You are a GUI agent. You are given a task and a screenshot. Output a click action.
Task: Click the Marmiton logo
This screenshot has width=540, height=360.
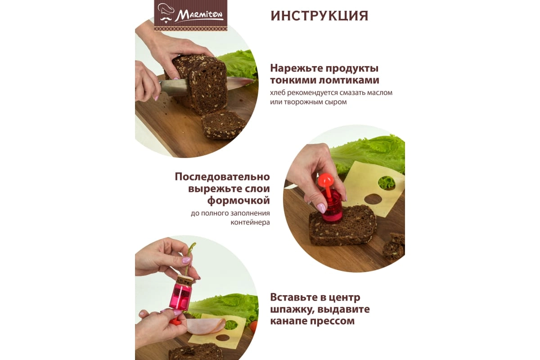pos(191,15)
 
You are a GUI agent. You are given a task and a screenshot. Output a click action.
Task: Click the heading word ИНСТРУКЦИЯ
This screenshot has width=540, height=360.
pos(319,16)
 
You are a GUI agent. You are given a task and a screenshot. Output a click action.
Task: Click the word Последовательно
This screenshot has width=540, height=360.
pos(222,176)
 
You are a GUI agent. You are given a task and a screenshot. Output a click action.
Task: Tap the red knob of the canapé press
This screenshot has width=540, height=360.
pos(325,180)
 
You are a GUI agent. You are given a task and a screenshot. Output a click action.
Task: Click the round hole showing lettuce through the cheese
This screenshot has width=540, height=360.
pos(386,183)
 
